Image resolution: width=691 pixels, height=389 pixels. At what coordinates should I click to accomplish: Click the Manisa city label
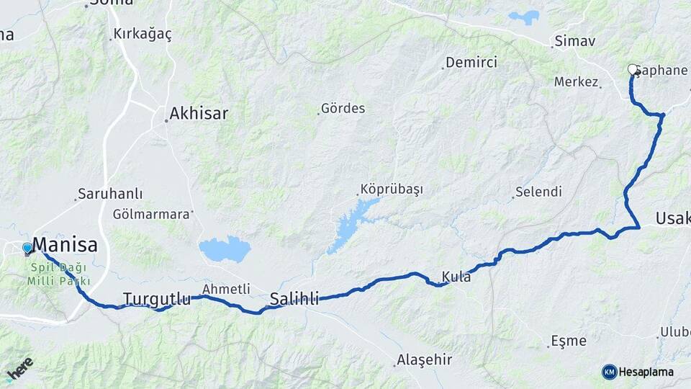tap(65, 245)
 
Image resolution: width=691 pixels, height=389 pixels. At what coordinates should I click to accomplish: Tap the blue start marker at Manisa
tap(27, 249)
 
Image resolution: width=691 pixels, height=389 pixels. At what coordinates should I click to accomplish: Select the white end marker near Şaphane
tap(633, 69)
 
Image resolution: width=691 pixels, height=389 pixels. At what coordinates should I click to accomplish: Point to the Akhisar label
tap(199, 113)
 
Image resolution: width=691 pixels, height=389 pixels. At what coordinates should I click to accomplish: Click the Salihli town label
tap(294, 299)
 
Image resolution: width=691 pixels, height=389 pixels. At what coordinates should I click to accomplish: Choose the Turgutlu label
tap(157, 298)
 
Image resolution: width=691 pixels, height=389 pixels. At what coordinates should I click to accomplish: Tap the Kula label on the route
tap(457, 277)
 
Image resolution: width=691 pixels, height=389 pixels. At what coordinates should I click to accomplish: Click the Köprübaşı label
tap(392, 189)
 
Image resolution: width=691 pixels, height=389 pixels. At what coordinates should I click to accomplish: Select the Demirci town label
tap(471, 63)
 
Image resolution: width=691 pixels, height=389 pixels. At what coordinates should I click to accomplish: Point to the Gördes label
tap(343, 109)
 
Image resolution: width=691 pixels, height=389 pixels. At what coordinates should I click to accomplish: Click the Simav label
tap(576, 41)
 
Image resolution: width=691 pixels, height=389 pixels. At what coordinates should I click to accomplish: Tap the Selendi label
tap(538, 192)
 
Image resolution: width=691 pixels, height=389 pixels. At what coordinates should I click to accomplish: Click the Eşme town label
tap(568, 340)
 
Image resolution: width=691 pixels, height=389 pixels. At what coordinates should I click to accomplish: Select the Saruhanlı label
tap(111, 194)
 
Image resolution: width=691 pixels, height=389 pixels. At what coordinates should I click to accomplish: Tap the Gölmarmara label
tap(153, 214)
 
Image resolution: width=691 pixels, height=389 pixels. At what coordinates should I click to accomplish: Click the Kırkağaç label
tap(143, 35)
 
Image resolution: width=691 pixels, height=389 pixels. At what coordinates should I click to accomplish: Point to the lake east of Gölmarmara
tap(225, 249)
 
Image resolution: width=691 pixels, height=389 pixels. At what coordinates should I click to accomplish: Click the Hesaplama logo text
tap(646, 372)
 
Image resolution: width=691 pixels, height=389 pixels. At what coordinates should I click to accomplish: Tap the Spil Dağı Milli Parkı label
tap(60, 273)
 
